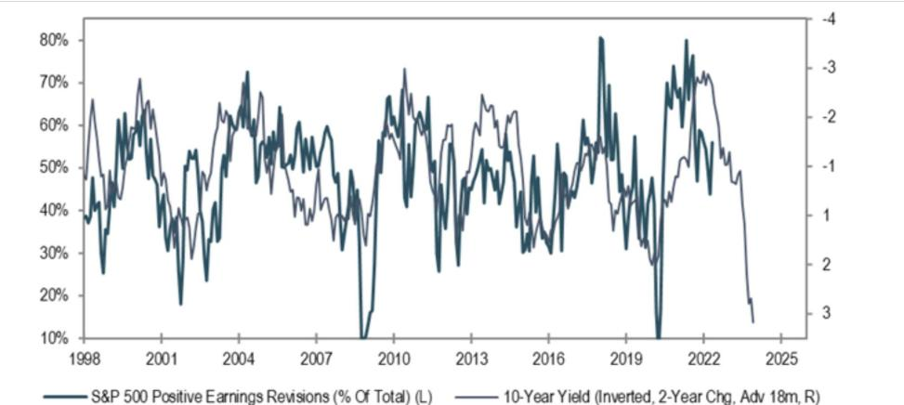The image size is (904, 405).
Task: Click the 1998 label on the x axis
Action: (85, 358)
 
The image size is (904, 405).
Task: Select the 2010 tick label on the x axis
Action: (394, 358)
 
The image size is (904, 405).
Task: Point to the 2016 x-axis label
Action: (549, 358)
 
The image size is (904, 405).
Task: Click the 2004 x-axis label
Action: (239, 358)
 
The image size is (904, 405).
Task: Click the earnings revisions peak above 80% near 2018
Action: (601, 38)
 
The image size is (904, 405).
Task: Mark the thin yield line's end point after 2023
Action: (753, 321)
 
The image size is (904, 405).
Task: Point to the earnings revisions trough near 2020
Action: (658, 336)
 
